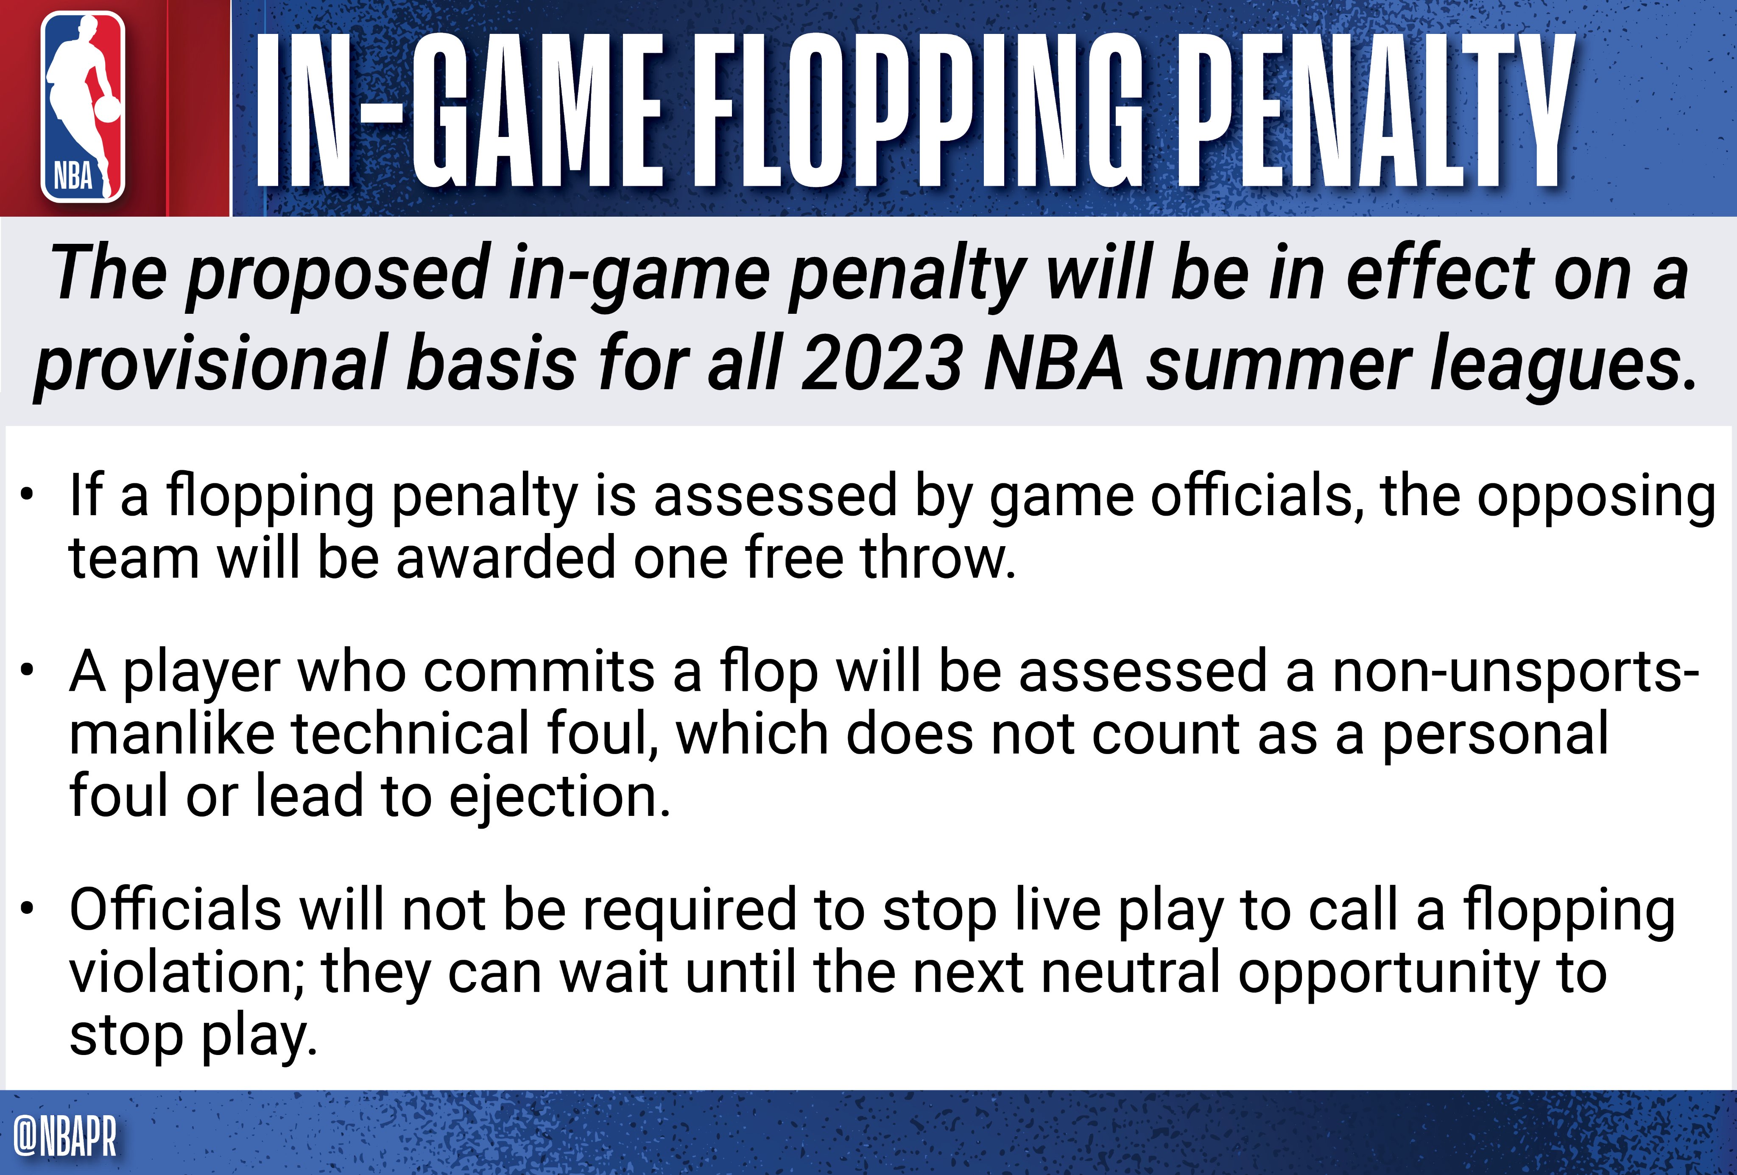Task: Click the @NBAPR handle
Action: click(x=65, y=1137)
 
